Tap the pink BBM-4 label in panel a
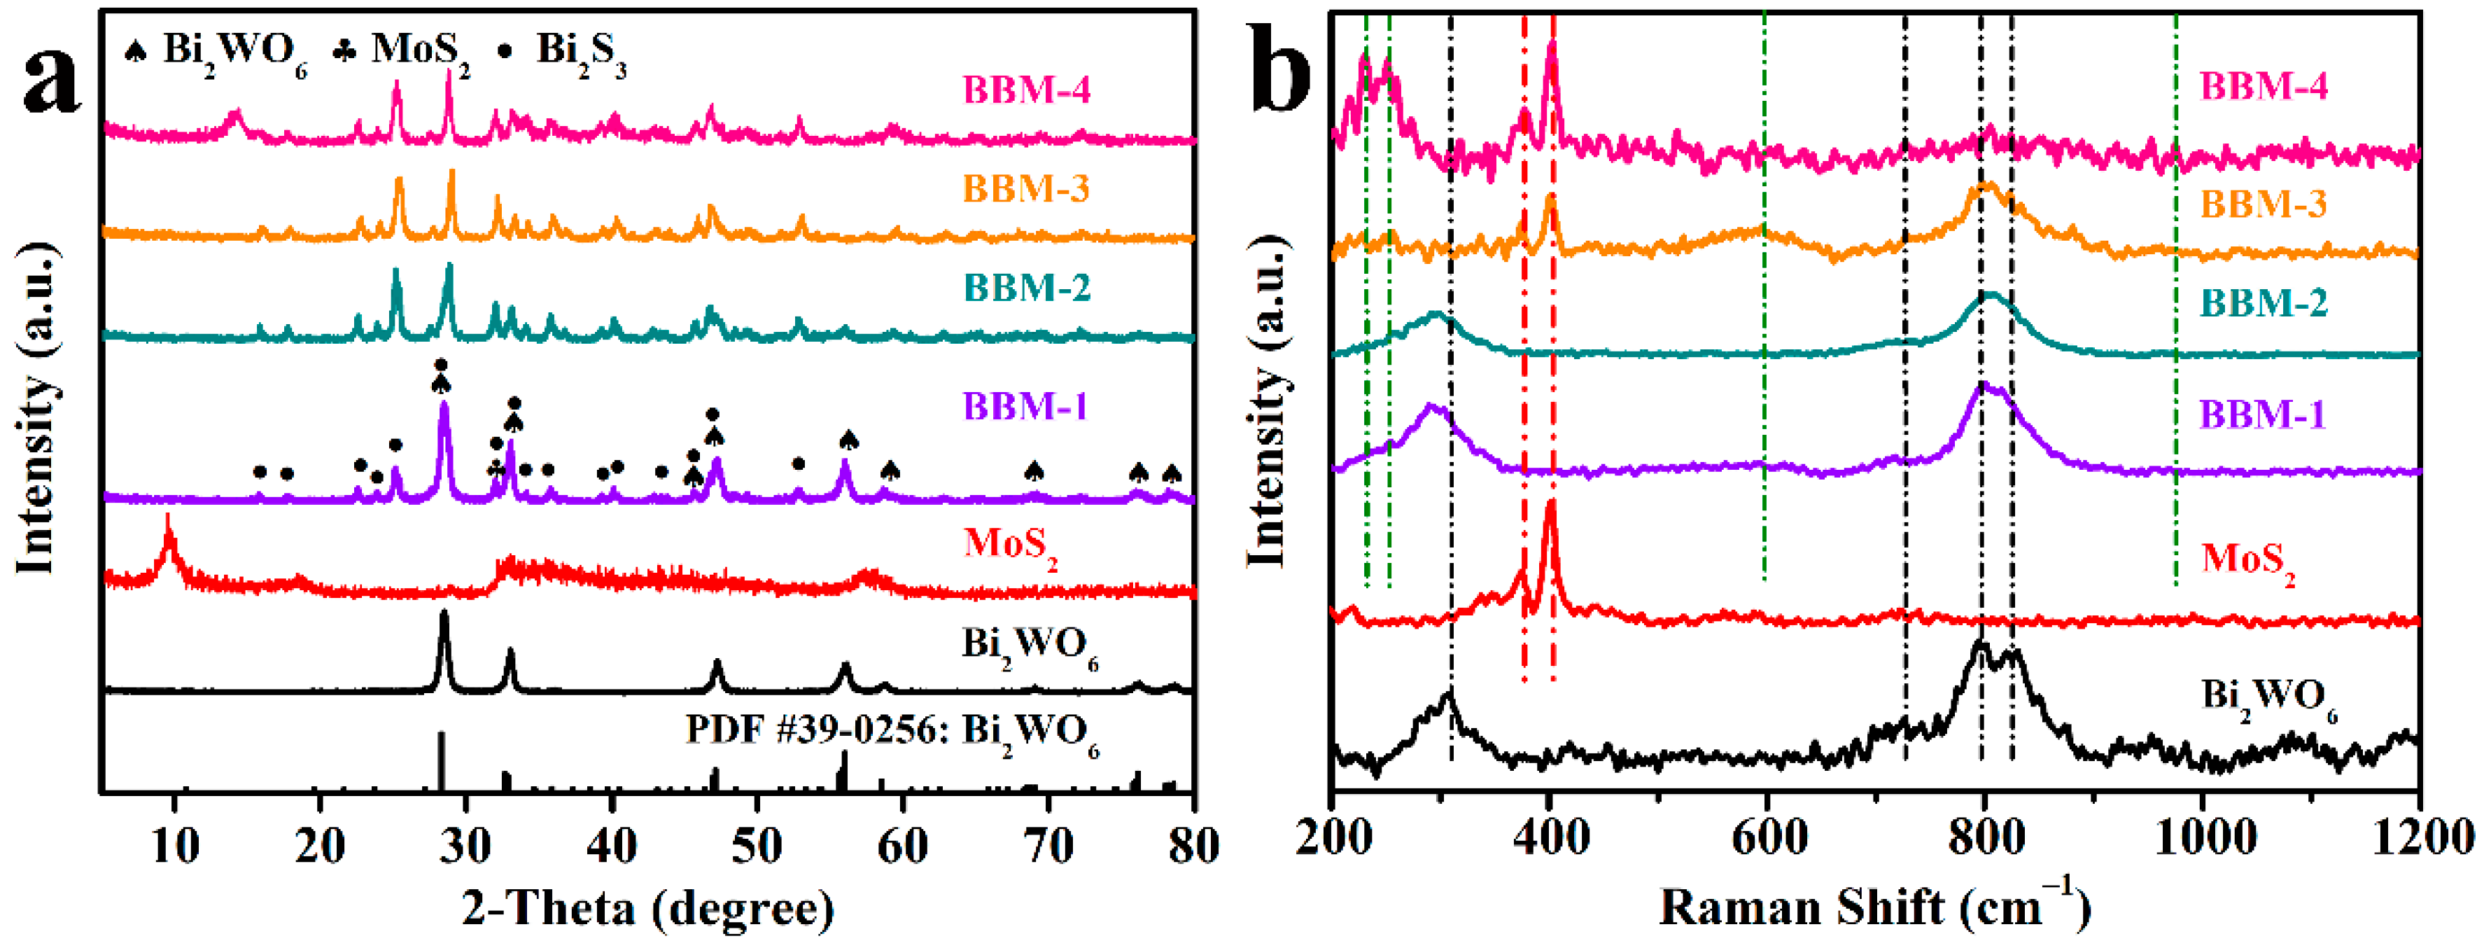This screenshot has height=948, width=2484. pyautogui.click(x=1026, y=90)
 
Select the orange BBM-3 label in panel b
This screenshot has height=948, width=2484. pyautogui.click(x=2262, y=204)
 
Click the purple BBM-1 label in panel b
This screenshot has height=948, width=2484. pyautogui.click(x=2262, y=414)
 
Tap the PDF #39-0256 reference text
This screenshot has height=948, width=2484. pyautogui.click(x=892, y=732)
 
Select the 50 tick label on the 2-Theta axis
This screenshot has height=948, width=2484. pyautogui.click(x=757, y=846)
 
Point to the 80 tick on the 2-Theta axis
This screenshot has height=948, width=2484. pyautogui.click(x=1193, y=846)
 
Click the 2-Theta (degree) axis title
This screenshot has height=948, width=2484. pyautogui.click(x=648, y=907)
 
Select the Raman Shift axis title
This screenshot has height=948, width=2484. pyautogui.click(x=1874, y=907)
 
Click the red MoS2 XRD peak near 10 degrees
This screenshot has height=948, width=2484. pyautogui.click(x=169, y=526)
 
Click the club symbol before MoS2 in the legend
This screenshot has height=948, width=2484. pyautogui.click(x=344, y=51)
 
